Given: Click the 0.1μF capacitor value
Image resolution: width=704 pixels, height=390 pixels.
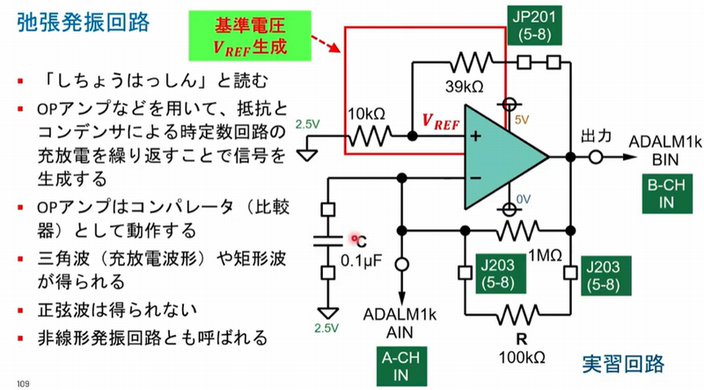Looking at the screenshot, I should pos(360,260).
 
